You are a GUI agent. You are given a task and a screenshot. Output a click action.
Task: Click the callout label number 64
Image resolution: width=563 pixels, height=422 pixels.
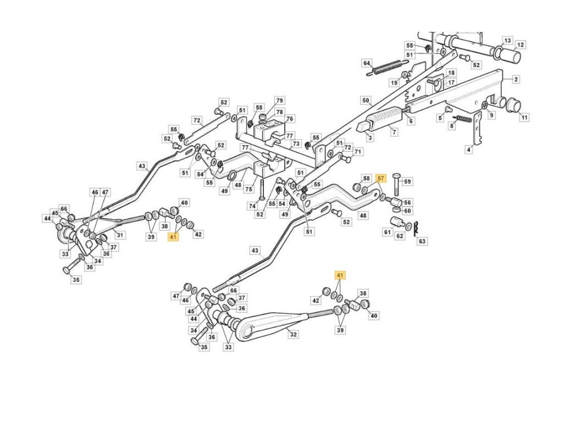[x=367, y=63]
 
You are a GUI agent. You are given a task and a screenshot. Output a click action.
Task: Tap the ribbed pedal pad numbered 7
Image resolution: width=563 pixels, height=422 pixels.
[x=385, y=116]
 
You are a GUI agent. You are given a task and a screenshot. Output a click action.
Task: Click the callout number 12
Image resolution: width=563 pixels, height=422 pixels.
[x=520, y=45]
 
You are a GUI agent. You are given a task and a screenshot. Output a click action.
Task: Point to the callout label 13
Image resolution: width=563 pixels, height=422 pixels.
[x=507, y=41]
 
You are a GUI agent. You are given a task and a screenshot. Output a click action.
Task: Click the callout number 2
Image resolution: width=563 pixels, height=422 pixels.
[x=516, y=80]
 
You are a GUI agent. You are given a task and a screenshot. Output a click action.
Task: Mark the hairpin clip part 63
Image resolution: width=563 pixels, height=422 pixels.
[x=417, y=227]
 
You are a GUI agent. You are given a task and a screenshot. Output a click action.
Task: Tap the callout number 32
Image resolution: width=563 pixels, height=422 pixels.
[x=292, y=333]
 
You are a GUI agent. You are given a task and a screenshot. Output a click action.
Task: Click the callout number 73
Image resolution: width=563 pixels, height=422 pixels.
[x=296, y=144]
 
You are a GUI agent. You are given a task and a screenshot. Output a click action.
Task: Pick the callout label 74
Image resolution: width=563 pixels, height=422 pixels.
[x=252, y=206]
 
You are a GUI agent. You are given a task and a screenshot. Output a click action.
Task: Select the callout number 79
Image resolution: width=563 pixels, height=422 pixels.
[x=279, y=101]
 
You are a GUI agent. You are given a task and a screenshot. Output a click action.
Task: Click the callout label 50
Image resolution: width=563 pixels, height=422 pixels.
[x=366, y=101]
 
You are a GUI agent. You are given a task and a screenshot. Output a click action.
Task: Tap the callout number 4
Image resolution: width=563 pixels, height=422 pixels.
[x=468, y=149]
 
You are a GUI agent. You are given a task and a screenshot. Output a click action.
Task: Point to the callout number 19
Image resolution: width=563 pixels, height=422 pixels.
[x=394, y=82]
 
